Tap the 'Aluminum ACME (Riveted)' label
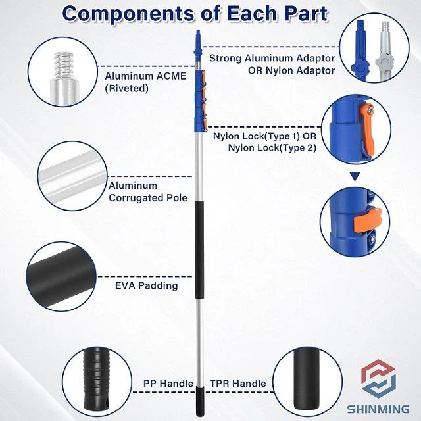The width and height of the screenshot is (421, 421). click(145, 82)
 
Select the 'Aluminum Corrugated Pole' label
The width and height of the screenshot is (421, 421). click(148, 191)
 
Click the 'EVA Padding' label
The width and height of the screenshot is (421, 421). click(146, 286)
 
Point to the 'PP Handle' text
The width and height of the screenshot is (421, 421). click(168, 384)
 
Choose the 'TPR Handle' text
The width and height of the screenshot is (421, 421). click(237, 384)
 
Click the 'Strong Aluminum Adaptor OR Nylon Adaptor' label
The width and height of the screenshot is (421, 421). click(272, 64)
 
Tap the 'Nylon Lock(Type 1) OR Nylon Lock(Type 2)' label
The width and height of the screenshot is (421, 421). click(264, 143)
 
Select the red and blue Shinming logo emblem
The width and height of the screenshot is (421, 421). click(378, 380)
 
